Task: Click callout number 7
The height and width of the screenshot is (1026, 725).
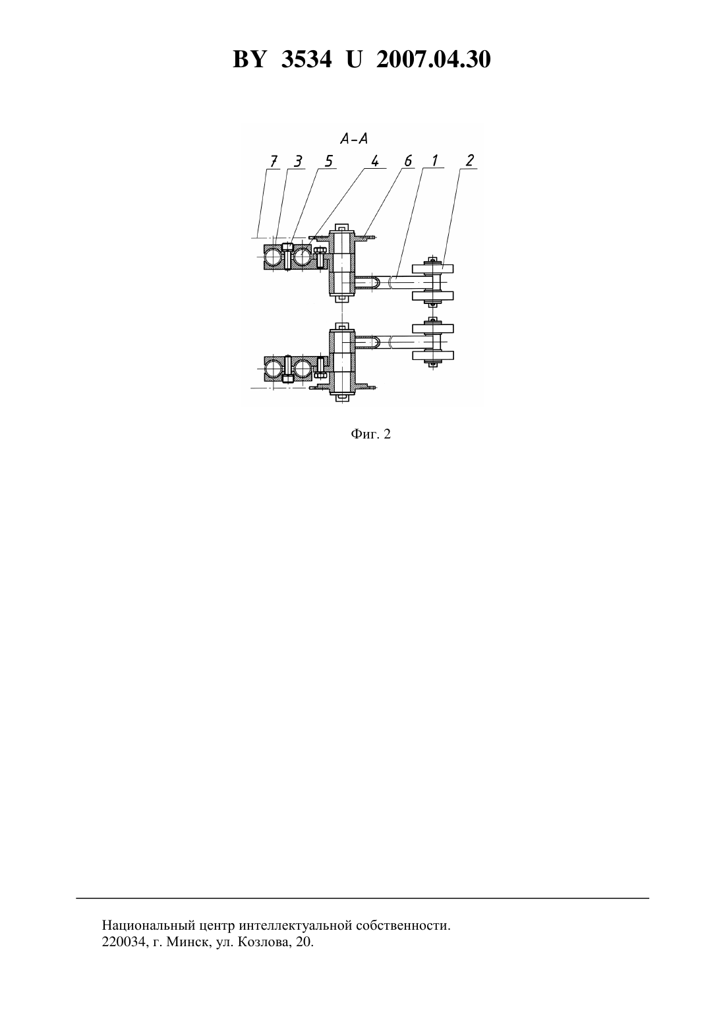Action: [x=274, y=162]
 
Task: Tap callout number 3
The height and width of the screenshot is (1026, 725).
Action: [x=298, y=162]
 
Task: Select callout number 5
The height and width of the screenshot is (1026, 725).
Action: [x=329, y=162]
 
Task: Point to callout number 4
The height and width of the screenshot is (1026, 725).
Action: [x=375, y=162]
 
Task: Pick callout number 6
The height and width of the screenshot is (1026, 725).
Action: [x=408, y=161]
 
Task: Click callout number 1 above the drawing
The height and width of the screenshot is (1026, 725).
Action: [x=434, y=161]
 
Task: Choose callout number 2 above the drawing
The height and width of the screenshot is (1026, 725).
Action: [x=469, y=161]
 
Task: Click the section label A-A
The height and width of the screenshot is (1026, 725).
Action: [x=355, y=138]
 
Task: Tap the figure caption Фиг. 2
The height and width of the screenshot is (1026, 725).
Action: [x=370, y=435]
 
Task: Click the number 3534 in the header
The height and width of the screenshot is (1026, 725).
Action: [x=306, y=59]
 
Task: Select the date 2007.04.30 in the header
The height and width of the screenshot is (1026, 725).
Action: [x=434, y=59]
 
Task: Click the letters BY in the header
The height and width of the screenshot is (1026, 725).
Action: [x=249, y=59]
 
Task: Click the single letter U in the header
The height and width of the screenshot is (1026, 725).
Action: [x=354, y=59]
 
